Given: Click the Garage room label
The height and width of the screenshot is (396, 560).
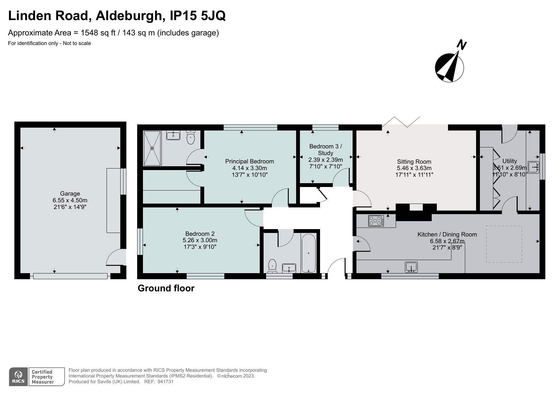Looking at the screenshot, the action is click(70, 194).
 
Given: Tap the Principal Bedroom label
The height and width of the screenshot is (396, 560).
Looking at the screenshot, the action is click(250, 161).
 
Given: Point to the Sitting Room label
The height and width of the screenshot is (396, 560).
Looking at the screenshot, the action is click(414, 162).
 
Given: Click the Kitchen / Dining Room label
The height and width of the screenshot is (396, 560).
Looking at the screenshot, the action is click(447, 235).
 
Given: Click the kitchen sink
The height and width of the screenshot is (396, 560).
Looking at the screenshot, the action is click(411, 267).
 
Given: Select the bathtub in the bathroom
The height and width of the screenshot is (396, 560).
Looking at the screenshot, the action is click(308, 253).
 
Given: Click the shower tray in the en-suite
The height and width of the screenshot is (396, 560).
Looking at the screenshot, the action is click(152, 148).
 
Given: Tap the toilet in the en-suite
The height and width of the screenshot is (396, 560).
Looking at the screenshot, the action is click(191, 138).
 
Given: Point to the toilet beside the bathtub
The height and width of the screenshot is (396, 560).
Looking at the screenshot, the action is click(272, 266).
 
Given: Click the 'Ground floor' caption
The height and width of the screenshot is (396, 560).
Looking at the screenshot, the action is click(166, 288).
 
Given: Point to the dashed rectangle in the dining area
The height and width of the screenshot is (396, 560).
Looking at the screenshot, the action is click(504, 244).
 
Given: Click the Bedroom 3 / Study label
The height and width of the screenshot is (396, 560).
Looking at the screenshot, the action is click(325, 150).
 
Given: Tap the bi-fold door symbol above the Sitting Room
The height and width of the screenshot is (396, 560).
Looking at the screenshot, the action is click(401, 122).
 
